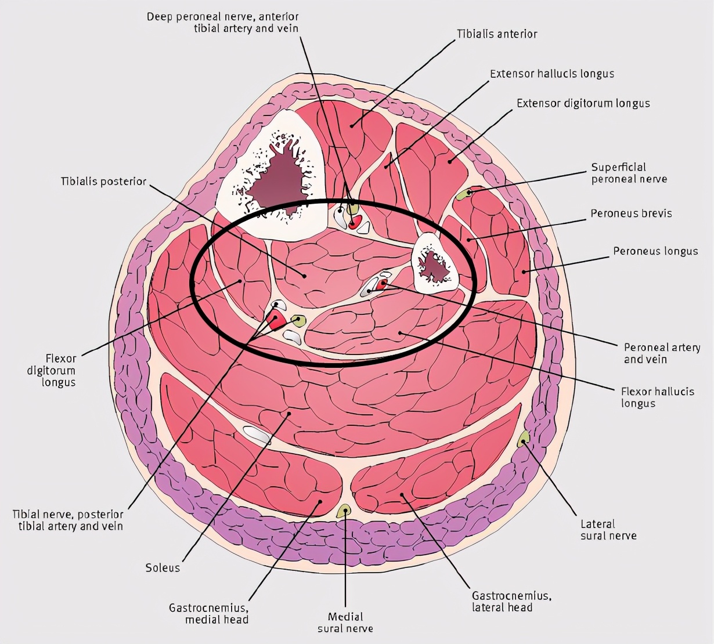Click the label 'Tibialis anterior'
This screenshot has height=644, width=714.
click(497, 34)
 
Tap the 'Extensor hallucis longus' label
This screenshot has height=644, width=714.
click(551, 74)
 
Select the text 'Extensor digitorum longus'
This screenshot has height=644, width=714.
click(583, 103)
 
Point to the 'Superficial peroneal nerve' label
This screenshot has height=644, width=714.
click(629, 173)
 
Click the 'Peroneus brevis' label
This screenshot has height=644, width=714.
click(631, 214)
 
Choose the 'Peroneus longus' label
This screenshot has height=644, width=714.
click(655, 251)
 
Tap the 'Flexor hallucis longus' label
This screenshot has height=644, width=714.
click(657, 397)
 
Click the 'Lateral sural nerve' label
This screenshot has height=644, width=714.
click(608, 530)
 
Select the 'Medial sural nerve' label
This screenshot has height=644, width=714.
click(345, 622)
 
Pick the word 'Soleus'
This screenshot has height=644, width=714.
click(163, 567)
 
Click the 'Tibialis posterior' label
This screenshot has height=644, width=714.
click(103, 182)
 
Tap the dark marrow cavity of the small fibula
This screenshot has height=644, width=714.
click(435, 267)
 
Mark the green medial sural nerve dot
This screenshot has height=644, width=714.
click(344, 511)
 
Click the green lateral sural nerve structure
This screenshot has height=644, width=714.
click(523, 439)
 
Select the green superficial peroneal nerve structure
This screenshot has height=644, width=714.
click(463, 195)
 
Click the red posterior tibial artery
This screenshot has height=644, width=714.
click(276, 320)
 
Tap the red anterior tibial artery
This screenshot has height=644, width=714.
click(355, 222)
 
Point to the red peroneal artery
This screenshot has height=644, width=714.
click(381, 284)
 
